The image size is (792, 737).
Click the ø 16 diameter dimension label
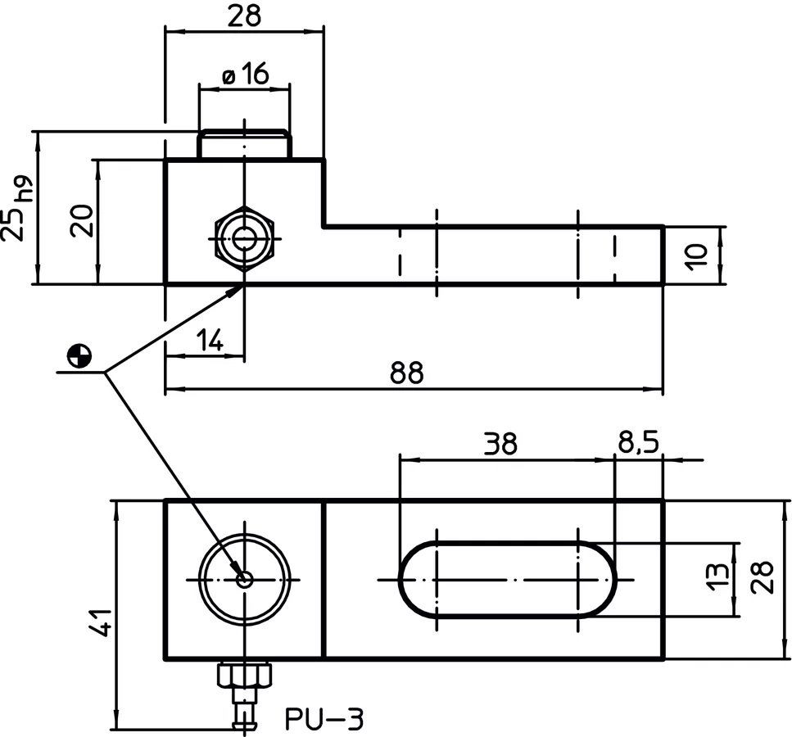pos(246,75)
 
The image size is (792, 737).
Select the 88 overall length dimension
pos(406,373)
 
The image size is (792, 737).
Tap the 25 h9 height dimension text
pos(18,208)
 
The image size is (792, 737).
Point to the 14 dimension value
pos(210,340)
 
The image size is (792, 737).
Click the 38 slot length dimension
pos(500,444)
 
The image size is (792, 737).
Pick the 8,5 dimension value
pos(638,444)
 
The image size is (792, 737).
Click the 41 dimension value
pos(98,622)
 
